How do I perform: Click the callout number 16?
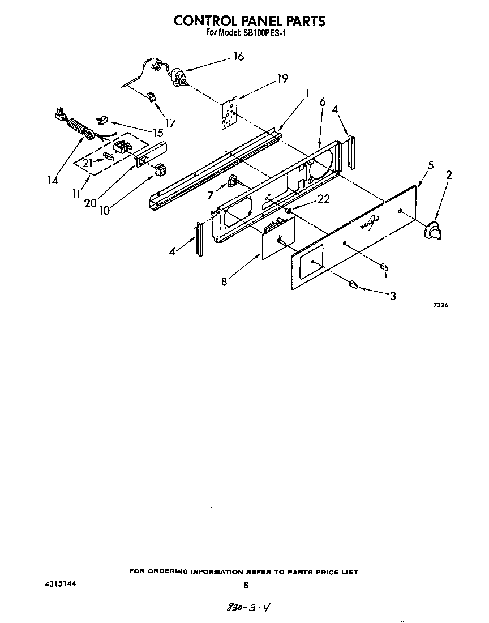238,57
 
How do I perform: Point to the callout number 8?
224,281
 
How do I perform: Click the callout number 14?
53,180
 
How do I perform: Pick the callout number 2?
449,176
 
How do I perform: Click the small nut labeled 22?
288,211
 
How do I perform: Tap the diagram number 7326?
440,305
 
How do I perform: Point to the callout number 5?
431,165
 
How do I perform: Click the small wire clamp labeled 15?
102,119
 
